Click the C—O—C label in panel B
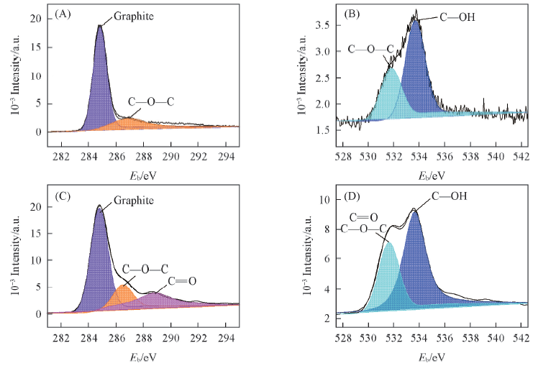tap(370, 50)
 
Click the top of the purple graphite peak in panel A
tap(100, 27)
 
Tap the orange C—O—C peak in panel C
tap(124, 293)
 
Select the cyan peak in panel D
tap(389, 266)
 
